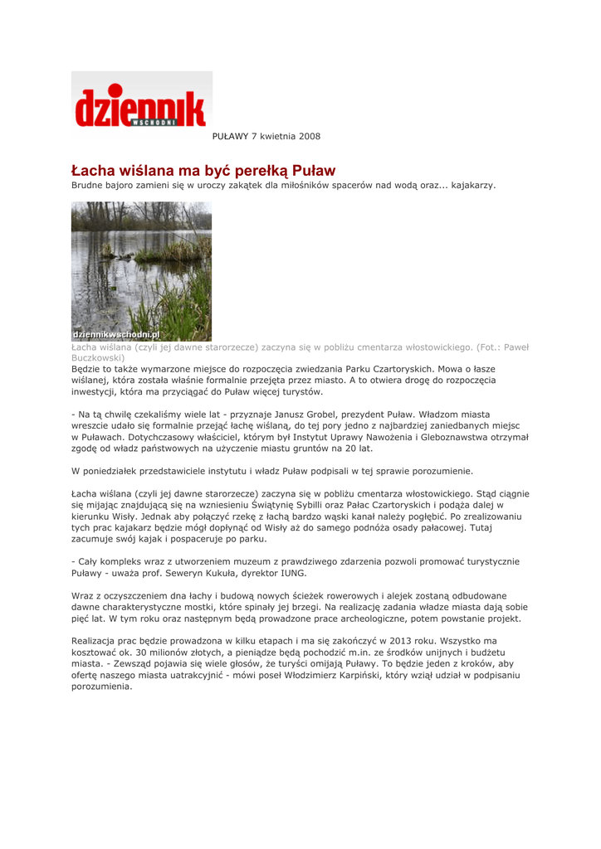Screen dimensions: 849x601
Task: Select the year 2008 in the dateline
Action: (307, 135)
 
